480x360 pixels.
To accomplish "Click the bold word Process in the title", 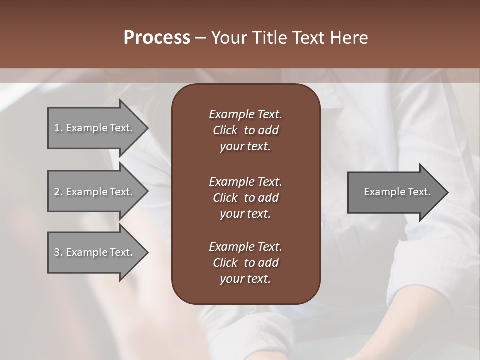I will [157, 37].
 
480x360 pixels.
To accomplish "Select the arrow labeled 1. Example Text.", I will [93, 128].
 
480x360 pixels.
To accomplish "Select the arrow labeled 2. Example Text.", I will [93, 192].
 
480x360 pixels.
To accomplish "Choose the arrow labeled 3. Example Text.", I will [93, 252].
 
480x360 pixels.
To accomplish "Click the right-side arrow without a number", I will [395, 192].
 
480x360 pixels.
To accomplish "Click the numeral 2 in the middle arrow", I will [56, 192].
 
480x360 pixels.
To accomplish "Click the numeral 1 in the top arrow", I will [56, 128].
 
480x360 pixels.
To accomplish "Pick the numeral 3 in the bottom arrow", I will [56, 252].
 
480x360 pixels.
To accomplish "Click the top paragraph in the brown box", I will [245, 130].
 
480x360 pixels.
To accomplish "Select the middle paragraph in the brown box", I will [245, 197].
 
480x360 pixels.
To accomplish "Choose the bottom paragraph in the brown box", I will [245, 263].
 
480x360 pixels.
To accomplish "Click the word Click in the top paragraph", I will [225, 130].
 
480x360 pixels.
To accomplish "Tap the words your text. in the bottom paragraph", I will [245, 279].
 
